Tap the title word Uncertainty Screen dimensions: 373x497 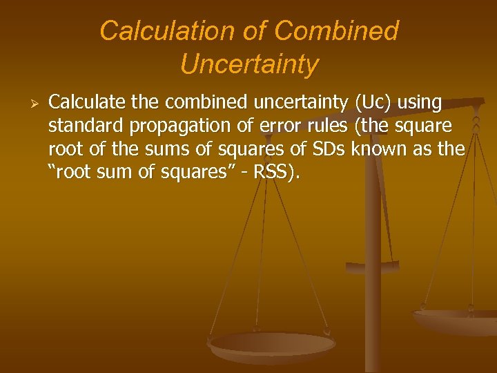pos(249,64)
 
